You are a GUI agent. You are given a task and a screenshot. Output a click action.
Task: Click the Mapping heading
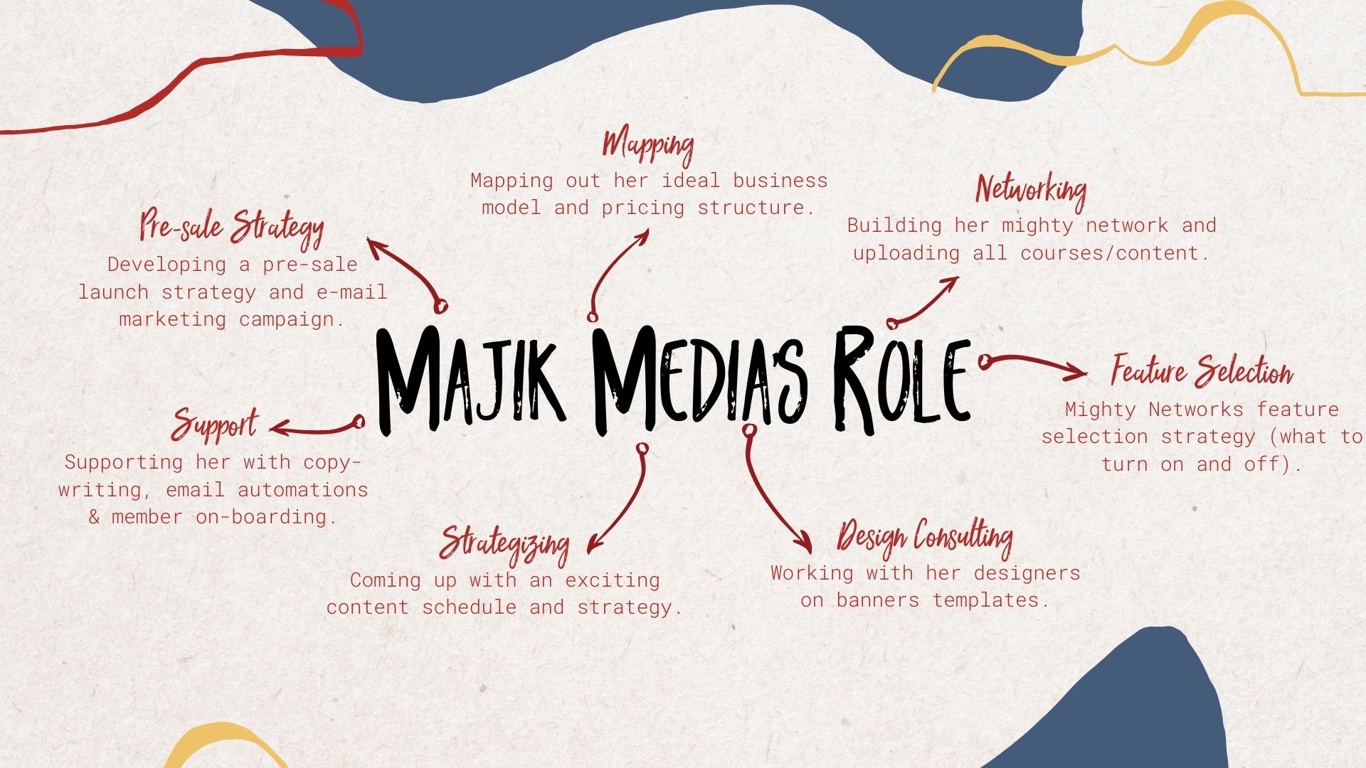coord(647,145)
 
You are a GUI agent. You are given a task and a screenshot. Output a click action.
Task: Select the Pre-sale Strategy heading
coord(231,227)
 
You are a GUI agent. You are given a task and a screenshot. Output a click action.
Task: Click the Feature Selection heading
coord(1202,371)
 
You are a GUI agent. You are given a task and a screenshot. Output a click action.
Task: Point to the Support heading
coord(214,425)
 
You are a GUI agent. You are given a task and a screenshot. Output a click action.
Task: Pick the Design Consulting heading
coord(925,537)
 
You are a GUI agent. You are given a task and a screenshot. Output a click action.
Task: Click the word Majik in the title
coord(470,380)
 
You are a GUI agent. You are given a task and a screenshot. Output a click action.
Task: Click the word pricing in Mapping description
coord(643,208)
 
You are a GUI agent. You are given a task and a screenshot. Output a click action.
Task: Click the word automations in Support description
coord(303,490)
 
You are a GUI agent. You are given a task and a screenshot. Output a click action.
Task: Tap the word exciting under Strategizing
coord(613,580)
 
